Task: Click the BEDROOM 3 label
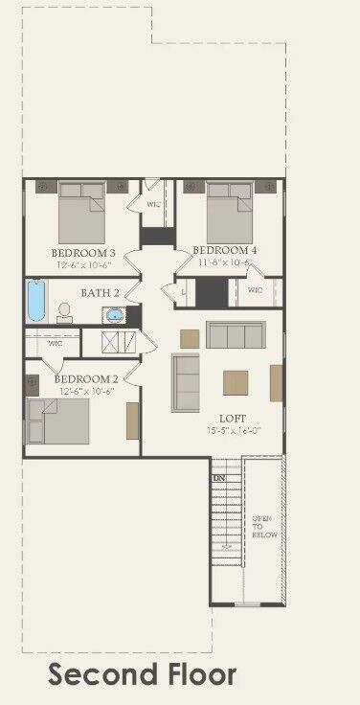82,253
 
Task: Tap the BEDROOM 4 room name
226,250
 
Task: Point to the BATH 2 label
100,292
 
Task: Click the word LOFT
233,419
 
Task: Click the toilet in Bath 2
65,311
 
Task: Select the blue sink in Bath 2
115,313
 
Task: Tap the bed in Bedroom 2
57,419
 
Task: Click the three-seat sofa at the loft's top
235,335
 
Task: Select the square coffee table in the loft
236,382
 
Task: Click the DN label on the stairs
219,477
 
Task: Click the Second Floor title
142,674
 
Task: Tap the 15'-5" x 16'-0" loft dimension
233,431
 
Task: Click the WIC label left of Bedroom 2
55,342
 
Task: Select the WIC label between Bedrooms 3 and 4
153,204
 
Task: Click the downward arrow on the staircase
227,546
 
